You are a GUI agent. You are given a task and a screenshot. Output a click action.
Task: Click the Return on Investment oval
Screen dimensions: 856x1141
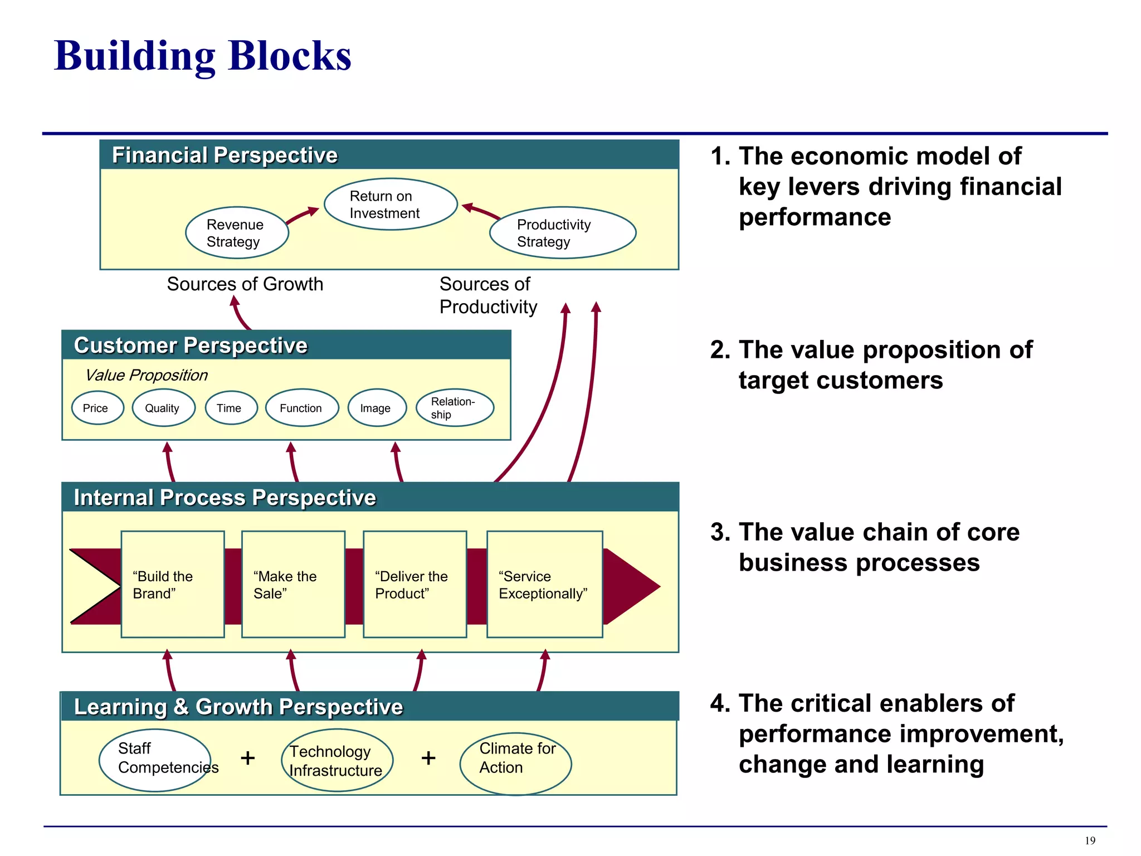coord(391,205)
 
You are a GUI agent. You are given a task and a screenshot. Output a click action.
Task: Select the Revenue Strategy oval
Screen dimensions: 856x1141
coord(237,233)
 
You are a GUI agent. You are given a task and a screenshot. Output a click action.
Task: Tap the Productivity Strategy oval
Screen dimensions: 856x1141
coord(562,233)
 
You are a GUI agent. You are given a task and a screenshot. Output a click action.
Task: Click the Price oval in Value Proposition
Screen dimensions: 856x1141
coord(97,408)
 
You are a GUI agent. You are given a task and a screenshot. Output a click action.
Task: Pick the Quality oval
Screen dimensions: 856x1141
coord(163,408)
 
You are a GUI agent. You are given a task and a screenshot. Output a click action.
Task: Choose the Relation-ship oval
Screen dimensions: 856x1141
coord(455,408)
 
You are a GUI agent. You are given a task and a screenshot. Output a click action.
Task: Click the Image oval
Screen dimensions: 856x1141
coord(377,408)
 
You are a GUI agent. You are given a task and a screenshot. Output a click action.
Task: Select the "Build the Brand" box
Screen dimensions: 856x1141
coord(173,584)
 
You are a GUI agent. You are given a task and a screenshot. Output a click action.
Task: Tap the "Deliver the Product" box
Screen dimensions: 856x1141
coord(415,584)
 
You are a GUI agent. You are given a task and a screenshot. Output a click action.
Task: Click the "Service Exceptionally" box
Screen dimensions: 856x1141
coord(544,584)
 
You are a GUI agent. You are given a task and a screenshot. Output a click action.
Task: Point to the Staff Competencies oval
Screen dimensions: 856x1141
coord(155,760)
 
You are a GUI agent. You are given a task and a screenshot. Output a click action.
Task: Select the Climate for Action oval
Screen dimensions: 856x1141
coord(515,763)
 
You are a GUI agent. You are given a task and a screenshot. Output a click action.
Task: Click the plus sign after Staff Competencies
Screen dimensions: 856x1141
coord(247,758)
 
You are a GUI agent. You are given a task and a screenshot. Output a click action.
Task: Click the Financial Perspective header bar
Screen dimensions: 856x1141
coord(389,155)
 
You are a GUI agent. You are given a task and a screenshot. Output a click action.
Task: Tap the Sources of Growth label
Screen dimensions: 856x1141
coord(245,284)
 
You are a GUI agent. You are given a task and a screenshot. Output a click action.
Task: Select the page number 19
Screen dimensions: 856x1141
coord(1090,841)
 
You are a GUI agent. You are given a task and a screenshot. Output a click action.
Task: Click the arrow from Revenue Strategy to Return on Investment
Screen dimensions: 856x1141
coord(303,215)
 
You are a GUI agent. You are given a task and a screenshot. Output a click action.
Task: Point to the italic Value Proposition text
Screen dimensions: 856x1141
coord(146,375)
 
